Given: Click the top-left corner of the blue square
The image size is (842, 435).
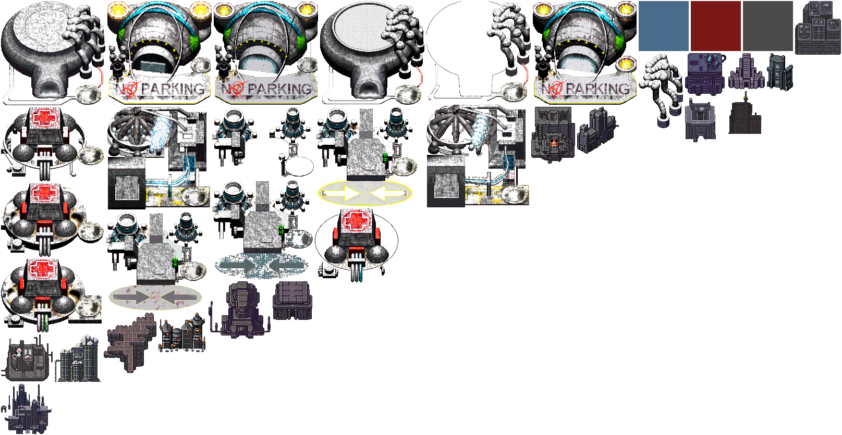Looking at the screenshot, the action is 639,1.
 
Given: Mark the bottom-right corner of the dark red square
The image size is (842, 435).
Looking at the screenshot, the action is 740,51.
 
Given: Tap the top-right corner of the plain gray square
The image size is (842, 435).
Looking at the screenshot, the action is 793,1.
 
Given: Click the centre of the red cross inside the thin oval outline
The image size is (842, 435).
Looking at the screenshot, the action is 356,220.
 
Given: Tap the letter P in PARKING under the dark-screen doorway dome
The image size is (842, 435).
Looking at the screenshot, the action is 148,90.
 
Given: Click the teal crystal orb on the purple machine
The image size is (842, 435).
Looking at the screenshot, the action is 712,59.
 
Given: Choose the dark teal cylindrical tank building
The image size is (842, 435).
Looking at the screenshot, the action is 780,71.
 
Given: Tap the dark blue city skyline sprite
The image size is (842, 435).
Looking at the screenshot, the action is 26,409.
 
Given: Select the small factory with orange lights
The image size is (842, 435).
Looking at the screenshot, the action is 182,333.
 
